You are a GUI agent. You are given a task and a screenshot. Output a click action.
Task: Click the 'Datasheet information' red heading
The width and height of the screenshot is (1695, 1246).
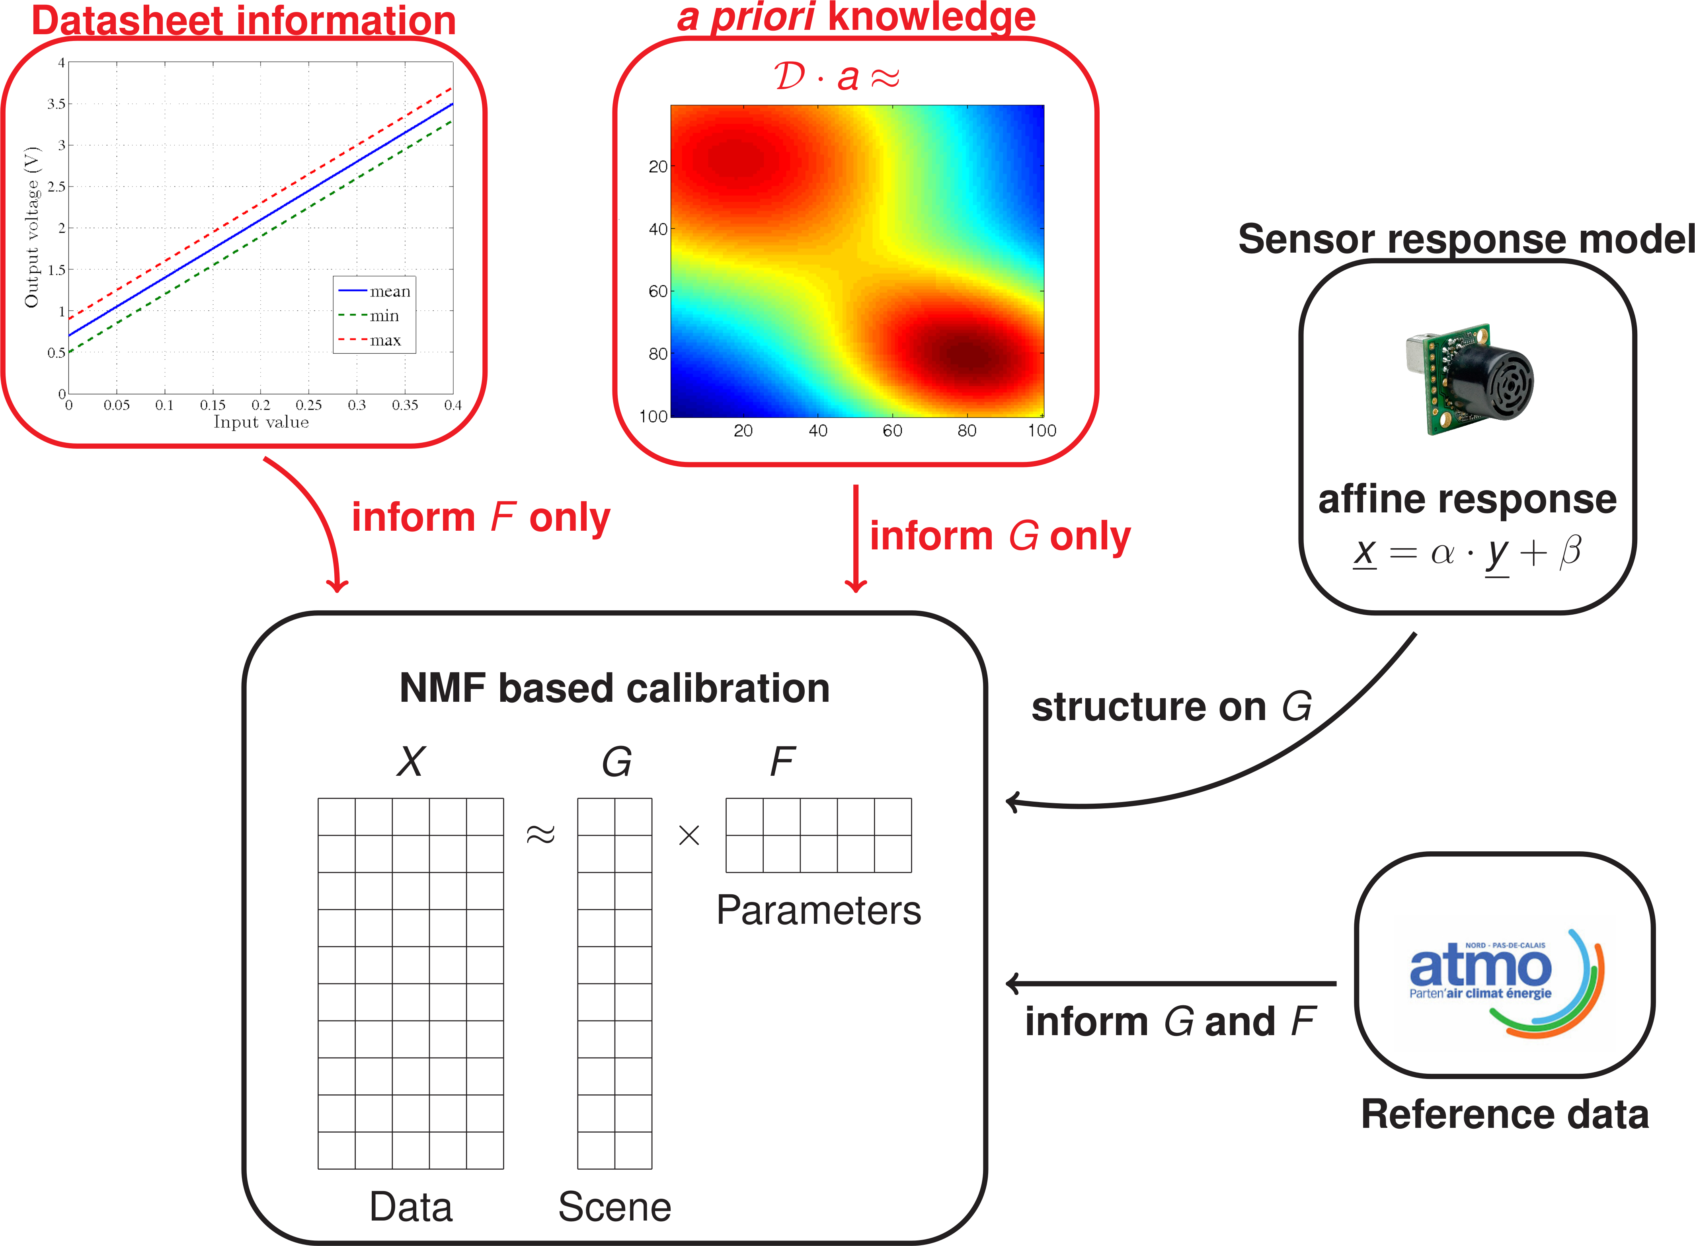pos(244,20)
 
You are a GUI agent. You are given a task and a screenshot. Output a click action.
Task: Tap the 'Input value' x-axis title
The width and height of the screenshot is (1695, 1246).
pos(261,422)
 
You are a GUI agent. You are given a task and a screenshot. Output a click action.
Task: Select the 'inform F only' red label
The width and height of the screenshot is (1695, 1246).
pos(480,518)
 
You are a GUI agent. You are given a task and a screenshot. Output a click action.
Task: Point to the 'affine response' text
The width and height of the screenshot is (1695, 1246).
pos(1467,499)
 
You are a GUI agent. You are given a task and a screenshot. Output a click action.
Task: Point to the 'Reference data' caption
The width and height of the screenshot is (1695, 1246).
pos(1505,1114)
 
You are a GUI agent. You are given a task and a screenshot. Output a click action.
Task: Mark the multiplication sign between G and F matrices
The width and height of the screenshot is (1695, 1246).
pos(689,835)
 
